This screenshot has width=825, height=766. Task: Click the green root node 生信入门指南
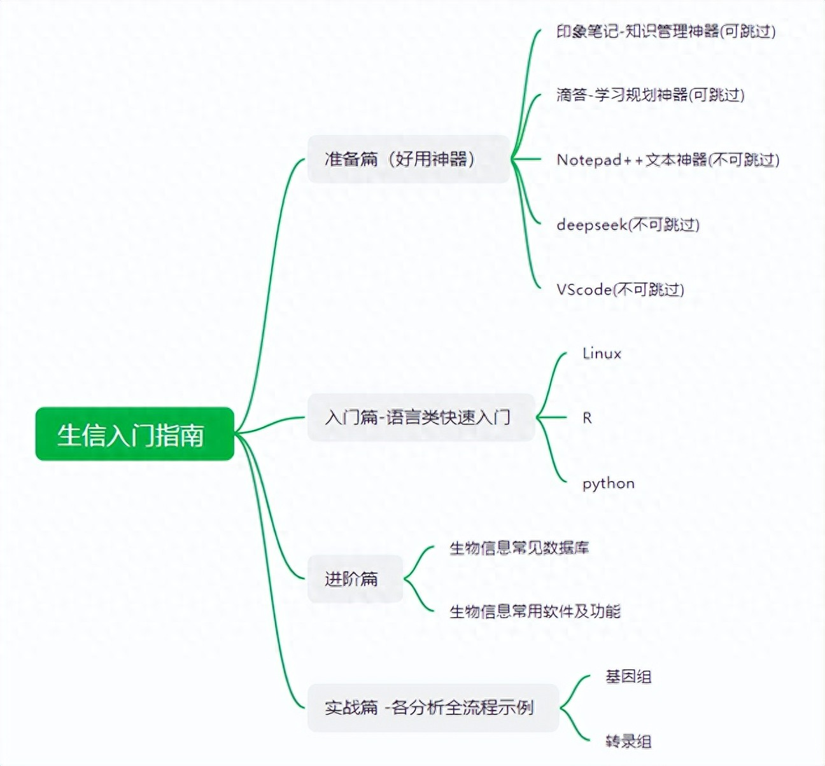click(134, 434)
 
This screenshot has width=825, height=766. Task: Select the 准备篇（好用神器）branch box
click(408, 159)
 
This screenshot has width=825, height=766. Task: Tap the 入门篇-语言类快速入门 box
click(420, 417)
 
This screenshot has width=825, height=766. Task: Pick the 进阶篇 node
click(355, 579)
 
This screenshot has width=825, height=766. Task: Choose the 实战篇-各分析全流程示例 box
click(432, 707)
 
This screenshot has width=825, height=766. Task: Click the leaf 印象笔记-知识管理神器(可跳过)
click(666, 31)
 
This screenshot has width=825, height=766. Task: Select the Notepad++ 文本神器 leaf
click(668, 160)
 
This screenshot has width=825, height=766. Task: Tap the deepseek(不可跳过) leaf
click(628, 225)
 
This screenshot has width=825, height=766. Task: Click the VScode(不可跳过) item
click(620, 289)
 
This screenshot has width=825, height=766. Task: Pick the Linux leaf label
click(602, 354)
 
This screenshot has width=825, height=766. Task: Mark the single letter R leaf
click(587, 418)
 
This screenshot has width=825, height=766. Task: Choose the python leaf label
click(609, 484)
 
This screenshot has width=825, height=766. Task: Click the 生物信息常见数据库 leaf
click(519, 548)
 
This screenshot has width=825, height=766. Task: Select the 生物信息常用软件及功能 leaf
click(535, 611)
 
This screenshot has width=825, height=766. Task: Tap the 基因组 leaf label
click(628, 676)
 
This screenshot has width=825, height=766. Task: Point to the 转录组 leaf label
click(628, 741)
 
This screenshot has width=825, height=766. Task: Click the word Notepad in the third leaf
click(589, 160)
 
